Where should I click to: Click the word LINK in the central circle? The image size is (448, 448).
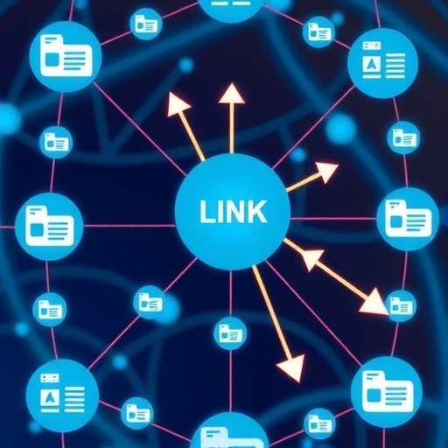(x=233, y=212)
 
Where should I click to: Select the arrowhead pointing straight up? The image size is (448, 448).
(x=232, y=93)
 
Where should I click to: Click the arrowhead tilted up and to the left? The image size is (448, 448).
(x=178, y=105)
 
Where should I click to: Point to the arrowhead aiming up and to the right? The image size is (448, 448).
(x=328, y=172)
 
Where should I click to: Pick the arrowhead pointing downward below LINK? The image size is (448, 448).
(x=291, y=368)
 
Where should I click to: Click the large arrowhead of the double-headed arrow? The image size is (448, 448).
(x=374, y=303)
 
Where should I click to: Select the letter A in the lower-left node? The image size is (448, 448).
(x=50, y=397)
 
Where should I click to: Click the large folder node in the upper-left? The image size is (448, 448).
(x=66, y=56)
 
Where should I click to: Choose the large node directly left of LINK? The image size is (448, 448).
(x=49, y=226)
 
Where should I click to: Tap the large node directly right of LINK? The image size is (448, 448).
(x=408, y=219)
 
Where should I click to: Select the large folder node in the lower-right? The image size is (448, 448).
(x=387, y=392)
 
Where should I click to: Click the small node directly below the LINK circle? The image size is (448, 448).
(x=230, y=333)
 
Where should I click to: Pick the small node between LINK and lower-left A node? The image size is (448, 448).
(x=150, y=302)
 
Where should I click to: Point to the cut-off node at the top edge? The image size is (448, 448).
(x=231, y=8)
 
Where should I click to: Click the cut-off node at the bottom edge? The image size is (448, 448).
(x=230, y=431)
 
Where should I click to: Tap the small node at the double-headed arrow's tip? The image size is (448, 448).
(x=401, y=306)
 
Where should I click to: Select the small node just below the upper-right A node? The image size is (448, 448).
(x=403, y=137)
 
